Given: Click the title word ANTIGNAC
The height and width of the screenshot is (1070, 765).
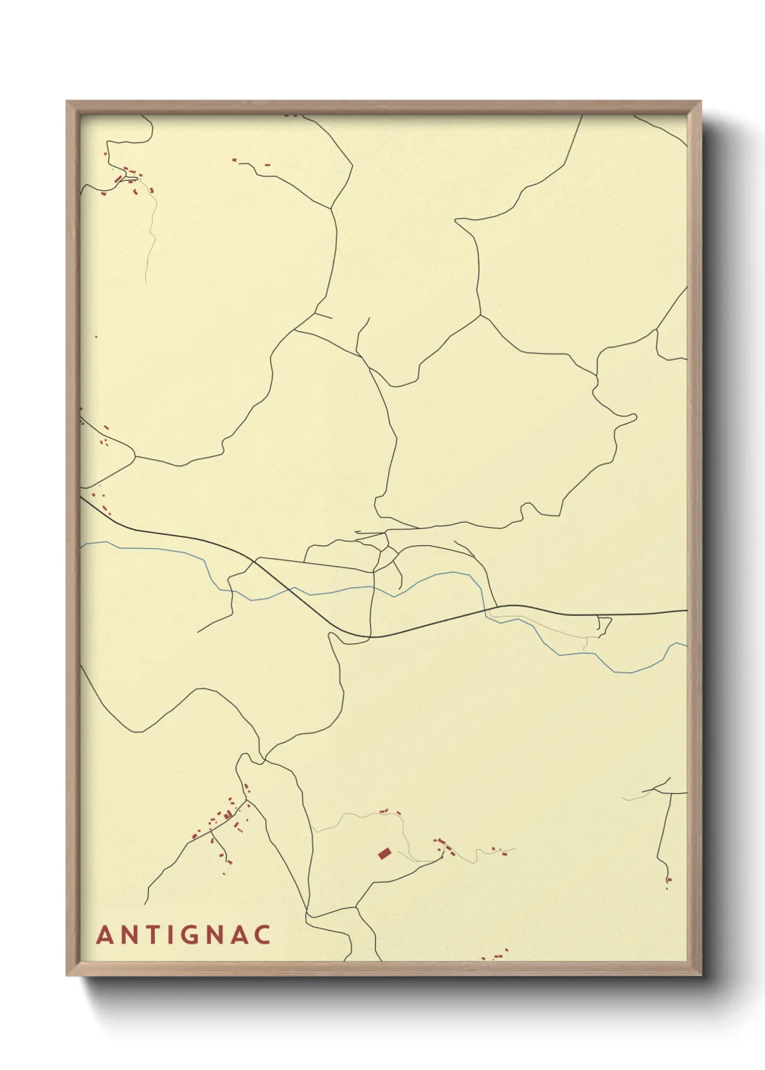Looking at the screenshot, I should coord(184,934).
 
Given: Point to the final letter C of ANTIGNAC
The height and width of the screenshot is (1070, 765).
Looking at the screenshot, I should coord(262,934).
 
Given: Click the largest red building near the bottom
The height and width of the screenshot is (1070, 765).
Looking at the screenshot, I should coord(385,854).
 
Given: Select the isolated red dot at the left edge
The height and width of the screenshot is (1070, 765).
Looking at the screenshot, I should coord(96,337).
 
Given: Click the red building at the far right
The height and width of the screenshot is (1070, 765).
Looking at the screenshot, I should coord(669,879).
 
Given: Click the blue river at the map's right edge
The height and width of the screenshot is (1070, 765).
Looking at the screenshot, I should coord(684,643).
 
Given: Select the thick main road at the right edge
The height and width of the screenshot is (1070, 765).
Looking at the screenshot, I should coord(684,611).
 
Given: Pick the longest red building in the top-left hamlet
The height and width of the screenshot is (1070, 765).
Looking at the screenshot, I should coord(119,178).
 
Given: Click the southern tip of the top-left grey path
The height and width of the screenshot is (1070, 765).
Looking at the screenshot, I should coord(146,281).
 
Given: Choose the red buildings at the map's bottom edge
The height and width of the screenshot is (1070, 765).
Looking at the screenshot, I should coord(497,956).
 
